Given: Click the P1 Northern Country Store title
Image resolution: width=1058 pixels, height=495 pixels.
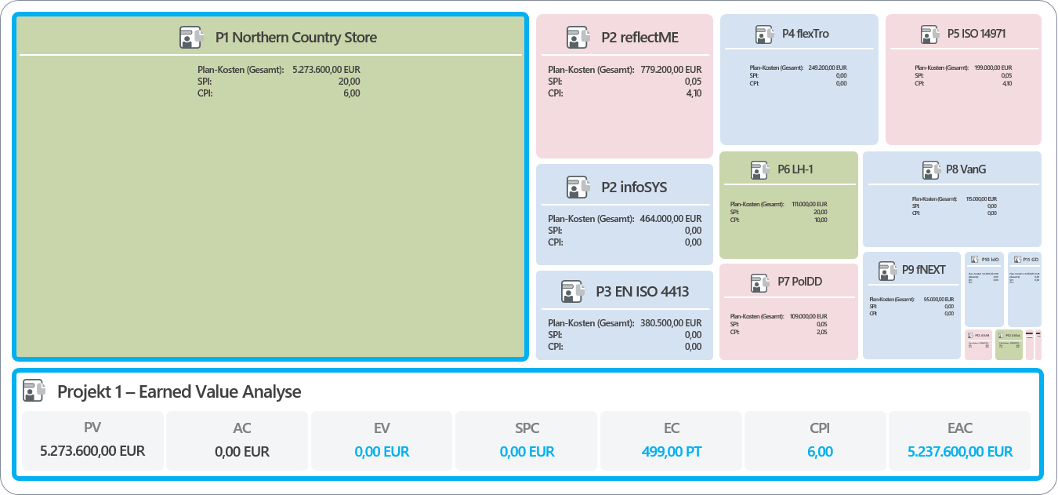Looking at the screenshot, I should click(x=295, y=37).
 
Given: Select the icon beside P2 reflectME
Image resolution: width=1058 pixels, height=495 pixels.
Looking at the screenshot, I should click(x=578, y=37).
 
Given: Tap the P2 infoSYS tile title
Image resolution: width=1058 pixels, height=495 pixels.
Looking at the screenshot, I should click(x=634, y=187).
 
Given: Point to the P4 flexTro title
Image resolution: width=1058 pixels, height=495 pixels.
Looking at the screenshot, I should click(x=805, y=34).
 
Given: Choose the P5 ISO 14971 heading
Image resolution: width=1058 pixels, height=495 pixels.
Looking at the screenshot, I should click(x=976, y=34).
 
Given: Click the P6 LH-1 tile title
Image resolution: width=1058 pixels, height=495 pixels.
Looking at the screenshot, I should click(x=795, y=169).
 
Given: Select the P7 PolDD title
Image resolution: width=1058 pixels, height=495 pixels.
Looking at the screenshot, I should click(x=799, y=282).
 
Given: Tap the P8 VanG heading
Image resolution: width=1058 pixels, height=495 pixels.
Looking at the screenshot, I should click(x=966, y=169).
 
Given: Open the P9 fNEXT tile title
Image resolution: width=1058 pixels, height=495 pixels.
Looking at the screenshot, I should click(x=924, y=269).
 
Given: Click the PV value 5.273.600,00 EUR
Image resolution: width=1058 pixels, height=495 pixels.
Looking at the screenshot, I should click(x=92, y=451).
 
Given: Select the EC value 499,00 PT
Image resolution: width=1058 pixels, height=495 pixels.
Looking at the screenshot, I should click(x=672, y=452).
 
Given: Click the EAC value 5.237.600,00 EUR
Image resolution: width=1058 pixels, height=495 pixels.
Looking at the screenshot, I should click(x=959, y=452).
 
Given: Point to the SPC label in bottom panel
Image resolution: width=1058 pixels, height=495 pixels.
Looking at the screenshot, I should click(x=527, y=428).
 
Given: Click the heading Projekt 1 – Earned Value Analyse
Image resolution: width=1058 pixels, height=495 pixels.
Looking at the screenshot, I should click(x=179, y=391).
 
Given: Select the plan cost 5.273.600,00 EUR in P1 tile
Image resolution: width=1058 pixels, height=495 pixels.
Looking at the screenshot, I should click(x=326, y=70).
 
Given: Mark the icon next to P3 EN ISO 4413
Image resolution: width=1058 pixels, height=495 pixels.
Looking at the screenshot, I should click(x=573, y=292).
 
